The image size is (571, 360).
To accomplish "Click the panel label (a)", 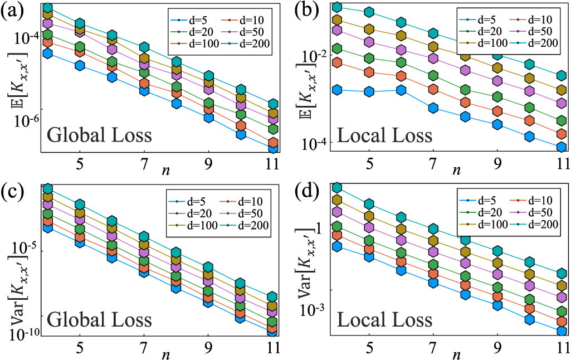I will pyautogui.click(x=12, y=12).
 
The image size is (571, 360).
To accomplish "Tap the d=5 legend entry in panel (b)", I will pyautogui.click(x=480, y=19).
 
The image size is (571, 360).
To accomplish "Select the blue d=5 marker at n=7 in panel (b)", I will pyautogui.click(x=433, y=108).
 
